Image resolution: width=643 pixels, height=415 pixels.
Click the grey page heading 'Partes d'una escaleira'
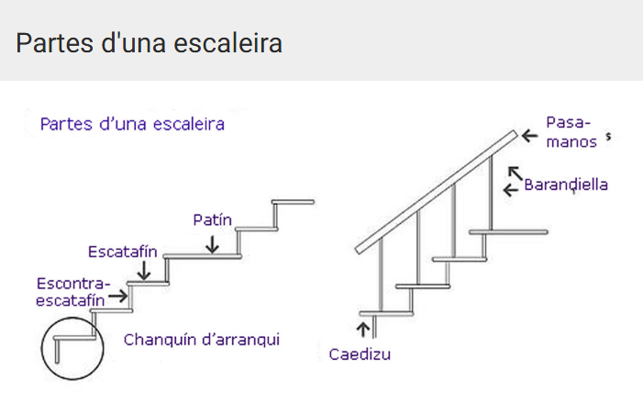[x=149, y=42]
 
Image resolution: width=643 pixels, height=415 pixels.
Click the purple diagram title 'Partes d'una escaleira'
[x=132, y=123]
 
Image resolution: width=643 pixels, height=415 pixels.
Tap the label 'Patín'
[x=212, y=220]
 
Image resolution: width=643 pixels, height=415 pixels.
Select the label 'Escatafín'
[x=123, y=251]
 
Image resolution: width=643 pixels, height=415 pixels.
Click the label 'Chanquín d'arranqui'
[x=202, y=340]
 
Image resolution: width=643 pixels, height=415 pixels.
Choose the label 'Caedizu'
[x=360, y=353]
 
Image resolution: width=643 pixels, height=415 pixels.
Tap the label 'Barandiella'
[x=566, y=185]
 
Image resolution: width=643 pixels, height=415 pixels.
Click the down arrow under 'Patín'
[x=212, y=243]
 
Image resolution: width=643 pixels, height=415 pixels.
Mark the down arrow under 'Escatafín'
[x=144, y=272]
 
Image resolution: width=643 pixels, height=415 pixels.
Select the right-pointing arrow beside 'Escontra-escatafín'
[x=117, y=297]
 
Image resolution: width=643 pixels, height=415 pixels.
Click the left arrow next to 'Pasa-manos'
[x=529, y=136]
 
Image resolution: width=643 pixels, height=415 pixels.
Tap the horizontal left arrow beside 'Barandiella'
[x=511, y=190]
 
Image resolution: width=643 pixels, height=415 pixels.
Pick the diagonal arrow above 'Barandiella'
[x=516, y=171]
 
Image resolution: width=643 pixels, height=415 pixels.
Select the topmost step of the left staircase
[x=294, y=201]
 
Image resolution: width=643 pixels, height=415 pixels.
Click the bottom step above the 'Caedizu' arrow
[x=386, y=313]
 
